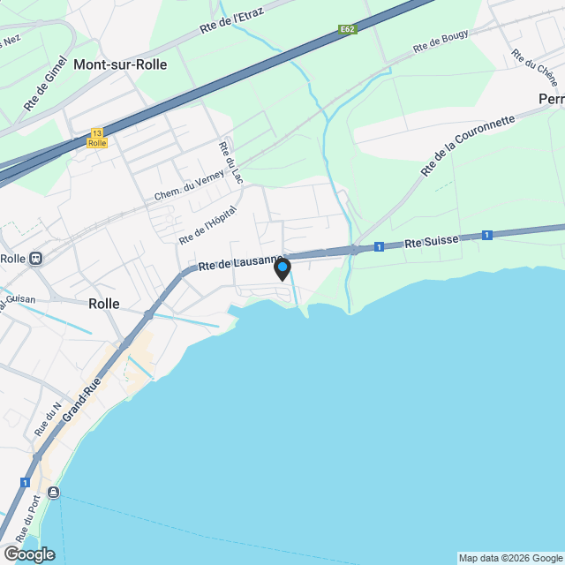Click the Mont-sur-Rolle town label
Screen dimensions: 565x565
click(x=120, y=64)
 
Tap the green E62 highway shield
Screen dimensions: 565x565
click(x=348, y=30)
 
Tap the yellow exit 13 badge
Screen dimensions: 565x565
click(x=97, y=138)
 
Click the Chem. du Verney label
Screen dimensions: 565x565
click(x=186, y=183)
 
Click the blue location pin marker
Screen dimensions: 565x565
click(x=282, y=269)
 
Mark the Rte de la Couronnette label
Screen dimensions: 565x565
click(x=468, y=145)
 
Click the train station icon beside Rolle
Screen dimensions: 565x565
click(x=36, y=259)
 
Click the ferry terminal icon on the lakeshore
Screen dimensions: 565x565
click(x=54, y=492)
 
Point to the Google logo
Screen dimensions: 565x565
click(x=28, y=554)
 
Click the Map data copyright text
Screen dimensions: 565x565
click(x=510, y=558)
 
